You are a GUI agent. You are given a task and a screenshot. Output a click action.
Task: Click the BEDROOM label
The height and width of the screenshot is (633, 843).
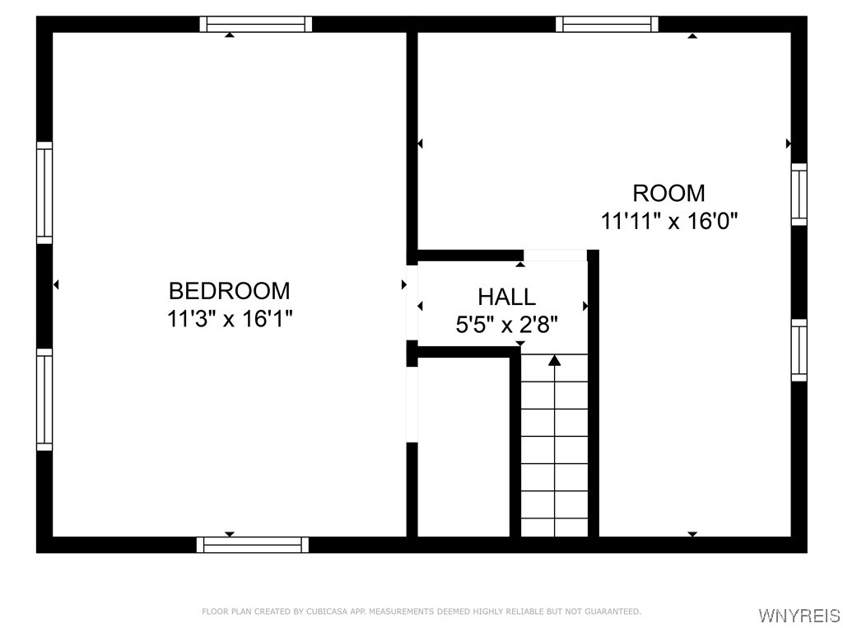(x=229, y=291)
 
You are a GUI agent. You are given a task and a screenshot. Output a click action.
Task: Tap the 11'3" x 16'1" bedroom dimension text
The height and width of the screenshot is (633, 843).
(x=230, y=318)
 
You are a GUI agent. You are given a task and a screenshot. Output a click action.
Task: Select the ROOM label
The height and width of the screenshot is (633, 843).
(x=668, y=193)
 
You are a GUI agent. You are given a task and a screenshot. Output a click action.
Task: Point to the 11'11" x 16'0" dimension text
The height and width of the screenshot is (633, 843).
(x=669, y=221)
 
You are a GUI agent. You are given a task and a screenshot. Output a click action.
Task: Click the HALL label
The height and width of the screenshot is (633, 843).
(x=506, y=297)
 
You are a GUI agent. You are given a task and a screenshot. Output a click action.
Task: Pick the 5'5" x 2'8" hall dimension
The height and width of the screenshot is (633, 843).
(x=506, y=324)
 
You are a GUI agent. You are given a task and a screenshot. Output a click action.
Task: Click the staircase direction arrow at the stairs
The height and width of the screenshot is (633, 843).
(x=555, y=360)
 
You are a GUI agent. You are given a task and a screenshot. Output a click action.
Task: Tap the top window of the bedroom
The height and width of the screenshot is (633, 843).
(x=256, y=24)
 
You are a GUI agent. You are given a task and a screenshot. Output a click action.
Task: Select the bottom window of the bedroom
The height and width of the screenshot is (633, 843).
(x=253, y=545)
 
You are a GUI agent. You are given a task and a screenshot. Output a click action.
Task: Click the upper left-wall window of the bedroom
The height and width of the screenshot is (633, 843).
(x=44, y=193)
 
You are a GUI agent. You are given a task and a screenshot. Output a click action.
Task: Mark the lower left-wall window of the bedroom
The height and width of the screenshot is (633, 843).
(x=44, y=399)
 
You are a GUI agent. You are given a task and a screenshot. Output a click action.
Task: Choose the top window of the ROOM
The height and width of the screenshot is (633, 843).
(x=607, y=24)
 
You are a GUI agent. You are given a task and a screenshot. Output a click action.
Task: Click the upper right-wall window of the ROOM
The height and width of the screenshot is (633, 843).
(x=799, y=194)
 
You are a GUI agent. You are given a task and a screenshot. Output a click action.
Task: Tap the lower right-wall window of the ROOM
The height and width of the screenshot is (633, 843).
(x=799, y=350)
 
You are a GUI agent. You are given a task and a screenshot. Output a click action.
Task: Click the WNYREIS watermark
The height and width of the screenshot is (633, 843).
(x=799, y=616)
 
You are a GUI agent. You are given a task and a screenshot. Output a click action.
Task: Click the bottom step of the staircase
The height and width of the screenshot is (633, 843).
(x=555, y=527)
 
